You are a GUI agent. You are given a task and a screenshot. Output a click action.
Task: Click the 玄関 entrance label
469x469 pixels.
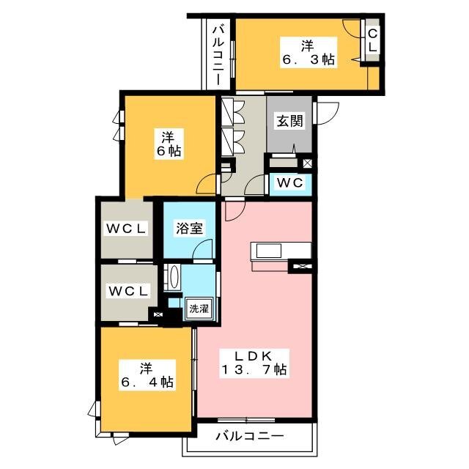point(289,121)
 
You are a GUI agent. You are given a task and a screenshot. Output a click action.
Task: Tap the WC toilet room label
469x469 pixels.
point(289,182)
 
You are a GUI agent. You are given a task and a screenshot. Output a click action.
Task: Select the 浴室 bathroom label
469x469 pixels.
point(189,229)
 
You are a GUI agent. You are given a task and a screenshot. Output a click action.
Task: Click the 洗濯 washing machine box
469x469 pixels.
point(199,309)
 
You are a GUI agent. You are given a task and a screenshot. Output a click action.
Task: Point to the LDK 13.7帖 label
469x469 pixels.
point(254,363)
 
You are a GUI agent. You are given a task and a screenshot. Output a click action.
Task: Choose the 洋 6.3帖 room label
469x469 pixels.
point(308,53)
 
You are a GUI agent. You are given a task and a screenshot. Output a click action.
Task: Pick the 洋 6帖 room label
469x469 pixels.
point(169,144)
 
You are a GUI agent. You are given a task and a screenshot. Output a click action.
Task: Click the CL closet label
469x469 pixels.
point(372,41)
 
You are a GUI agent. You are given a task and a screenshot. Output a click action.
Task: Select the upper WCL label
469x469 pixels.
point(126,229)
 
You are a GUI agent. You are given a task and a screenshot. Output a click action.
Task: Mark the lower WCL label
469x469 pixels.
point(129,291)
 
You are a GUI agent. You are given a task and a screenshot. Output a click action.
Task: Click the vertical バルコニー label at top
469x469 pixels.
point(218,56)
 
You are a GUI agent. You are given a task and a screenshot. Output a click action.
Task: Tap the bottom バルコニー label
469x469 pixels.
point(250,437)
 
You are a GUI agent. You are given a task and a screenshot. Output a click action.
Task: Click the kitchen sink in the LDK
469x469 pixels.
point(269,251)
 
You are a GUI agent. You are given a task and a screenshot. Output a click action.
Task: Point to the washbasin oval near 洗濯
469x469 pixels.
point(174,276)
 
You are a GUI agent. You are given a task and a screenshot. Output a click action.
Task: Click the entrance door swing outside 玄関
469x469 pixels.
point(328,113)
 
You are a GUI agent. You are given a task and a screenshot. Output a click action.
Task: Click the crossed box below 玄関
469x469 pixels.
point(308,163)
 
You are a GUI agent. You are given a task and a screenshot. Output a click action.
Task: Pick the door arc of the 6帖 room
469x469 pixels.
point(206,184)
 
